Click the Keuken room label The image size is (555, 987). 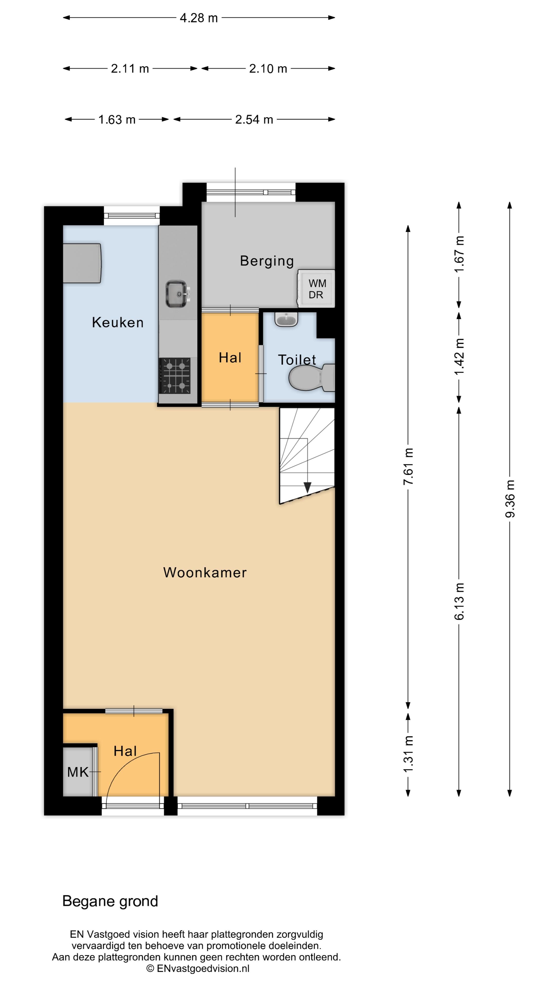tap(118, 323)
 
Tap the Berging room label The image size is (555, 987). tap(267, 261)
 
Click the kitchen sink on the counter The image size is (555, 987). tap(176, 294)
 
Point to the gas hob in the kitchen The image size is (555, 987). tap(175, 376)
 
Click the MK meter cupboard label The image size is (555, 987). tap(78, 772)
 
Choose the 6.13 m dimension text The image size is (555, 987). tap(459, 601)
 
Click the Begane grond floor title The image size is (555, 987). tap(110, 901)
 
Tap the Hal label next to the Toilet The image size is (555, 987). tap(230, 358)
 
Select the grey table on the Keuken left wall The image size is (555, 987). tap(82, 263)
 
